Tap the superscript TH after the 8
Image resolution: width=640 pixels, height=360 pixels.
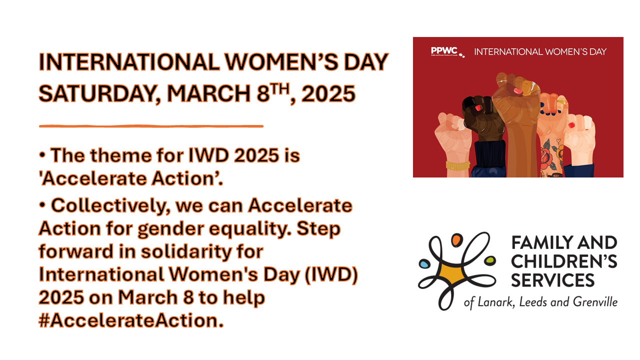coord(280,89)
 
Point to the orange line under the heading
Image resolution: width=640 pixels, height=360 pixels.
coord(151,126)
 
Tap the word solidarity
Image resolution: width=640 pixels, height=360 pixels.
coord(186,252)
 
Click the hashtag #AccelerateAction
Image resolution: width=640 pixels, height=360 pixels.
coord(131,320)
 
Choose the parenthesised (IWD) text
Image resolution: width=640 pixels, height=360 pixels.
coord(331,275)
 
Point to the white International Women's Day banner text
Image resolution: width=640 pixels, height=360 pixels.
coord(540,51)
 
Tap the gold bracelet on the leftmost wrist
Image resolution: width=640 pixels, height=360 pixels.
coord(457,165)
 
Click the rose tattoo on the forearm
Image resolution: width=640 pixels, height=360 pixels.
coord(546,156)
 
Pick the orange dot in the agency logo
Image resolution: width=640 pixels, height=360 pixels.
coord(457,239)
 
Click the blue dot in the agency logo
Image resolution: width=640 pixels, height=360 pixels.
coord(424,263)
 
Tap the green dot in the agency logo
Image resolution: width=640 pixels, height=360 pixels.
coord(490,260)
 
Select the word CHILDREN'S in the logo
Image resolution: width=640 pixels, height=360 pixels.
coord(564,261)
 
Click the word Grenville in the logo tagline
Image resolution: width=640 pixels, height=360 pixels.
coord(595,302)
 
